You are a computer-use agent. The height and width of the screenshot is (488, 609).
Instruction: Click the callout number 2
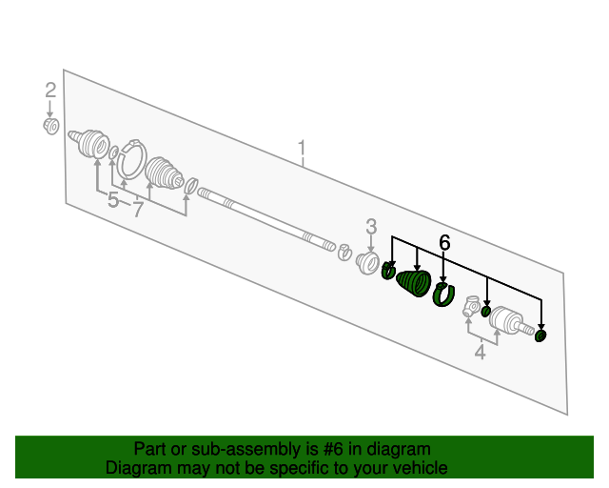tap(50, 91)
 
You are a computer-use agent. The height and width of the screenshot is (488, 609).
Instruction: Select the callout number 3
tap(371, 227)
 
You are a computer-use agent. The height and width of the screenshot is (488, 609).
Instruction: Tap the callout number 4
tap(481, 352)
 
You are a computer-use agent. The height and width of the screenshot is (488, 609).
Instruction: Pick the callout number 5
tap(112, 200)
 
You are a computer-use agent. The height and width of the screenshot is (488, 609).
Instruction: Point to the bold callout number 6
tap(444, 242)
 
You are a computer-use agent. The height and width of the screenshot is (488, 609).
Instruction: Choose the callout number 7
tap(138, 210)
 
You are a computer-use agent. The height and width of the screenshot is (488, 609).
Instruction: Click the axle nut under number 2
tap(50, 126)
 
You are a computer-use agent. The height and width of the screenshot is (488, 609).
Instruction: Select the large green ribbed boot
tap(414, 283)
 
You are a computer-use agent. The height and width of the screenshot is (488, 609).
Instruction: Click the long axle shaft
tap(266, 219)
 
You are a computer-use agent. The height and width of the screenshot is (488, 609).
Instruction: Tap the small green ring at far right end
tap(540, 335)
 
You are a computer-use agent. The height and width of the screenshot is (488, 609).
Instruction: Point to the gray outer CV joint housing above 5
tap(89, 143)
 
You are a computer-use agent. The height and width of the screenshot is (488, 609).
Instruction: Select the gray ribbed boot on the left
tap(164, 174)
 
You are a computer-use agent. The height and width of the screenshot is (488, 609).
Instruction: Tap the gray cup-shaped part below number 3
tap(367, 263)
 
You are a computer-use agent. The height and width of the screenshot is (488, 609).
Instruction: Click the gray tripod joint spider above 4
tap(472, 306)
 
